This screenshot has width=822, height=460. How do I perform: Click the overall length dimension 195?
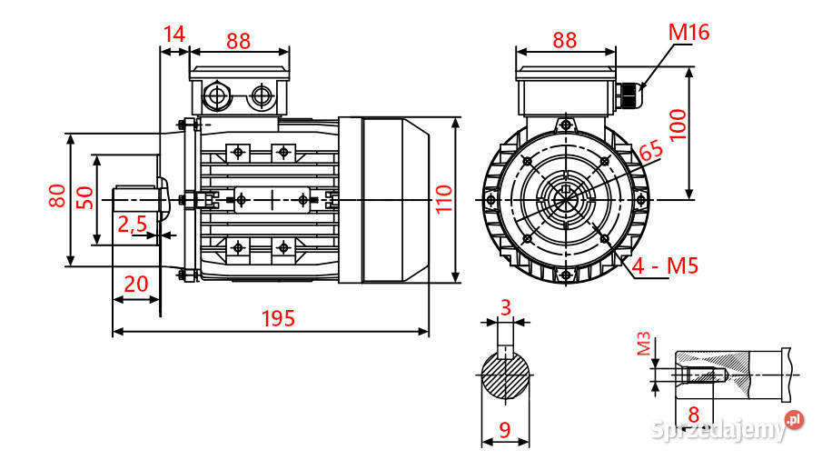(x=278, y=318)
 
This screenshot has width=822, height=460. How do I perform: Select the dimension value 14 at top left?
(x=173, y=35)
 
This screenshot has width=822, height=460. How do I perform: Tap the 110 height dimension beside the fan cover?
(x=442, y=198)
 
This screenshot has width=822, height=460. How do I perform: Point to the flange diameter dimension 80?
(x=57, y=195)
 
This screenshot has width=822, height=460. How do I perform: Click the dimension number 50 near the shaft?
(x=84, y=197)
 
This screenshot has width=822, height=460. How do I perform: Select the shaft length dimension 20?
(x=135, y=284)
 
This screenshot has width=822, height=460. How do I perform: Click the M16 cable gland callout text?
(x=688, y=33)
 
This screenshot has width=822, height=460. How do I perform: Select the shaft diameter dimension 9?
(x=505, y=428)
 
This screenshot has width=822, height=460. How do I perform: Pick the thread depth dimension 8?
(x=694, y=413)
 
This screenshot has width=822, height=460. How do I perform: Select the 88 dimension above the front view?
(x=564, y=40)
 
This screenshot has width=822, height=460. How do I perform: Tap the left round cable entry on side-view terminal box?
(x=217, y=95)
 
